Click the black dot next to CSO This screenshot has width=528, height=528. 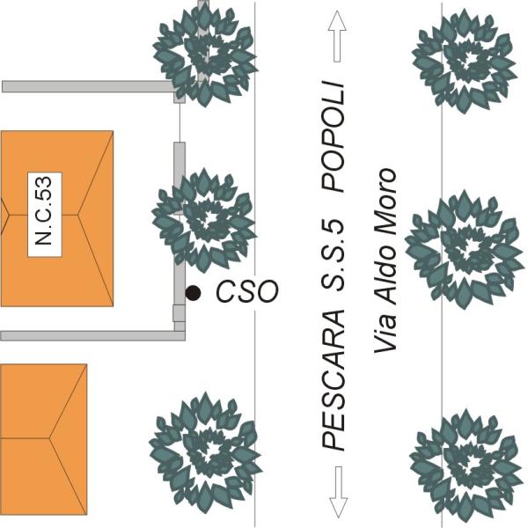192,291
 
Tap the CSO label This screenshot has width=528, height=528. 246,291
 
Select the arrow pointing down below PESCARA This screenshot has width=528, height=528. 337,494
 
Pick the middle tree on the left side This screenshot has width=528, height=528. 203,219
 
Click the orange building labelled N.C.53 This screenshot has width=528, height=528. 88,264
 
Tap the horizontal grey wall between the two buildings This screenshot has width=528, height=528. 88,335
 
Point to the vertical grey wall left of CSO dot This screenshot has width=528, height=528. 179,229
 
